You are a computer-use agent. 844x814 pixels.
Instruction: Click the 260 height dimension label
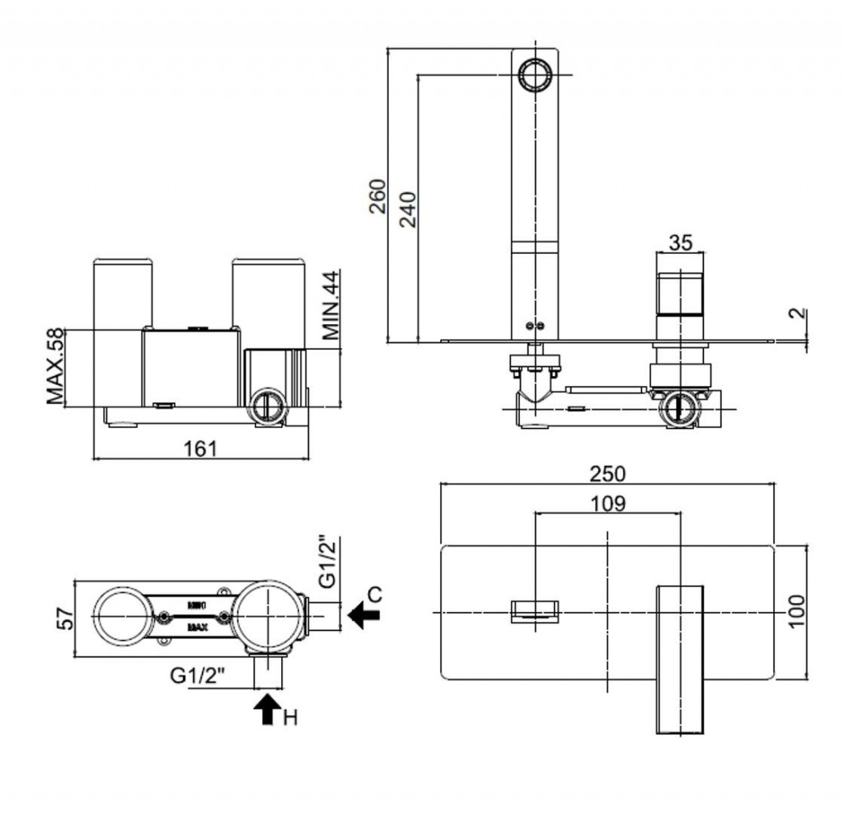point(377,195)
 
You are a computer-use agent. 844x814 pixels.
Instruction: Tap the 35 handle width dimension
point(680,242)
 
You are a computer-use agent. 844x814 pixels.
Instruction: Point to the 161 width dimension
point(200,448)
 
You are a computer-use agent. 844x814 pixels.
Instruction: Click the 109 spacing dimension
point(607,502)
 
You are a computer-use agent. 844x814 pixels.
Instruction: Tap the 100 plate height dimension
point(795,611)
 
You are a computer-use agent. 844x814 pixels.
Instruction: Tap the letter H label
point(289,718)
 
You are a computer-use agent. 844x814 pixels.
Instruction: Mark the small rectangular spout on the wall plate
point(535,612)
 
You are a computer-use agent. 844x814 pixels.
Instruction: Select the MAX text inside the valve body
point(197,627)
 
